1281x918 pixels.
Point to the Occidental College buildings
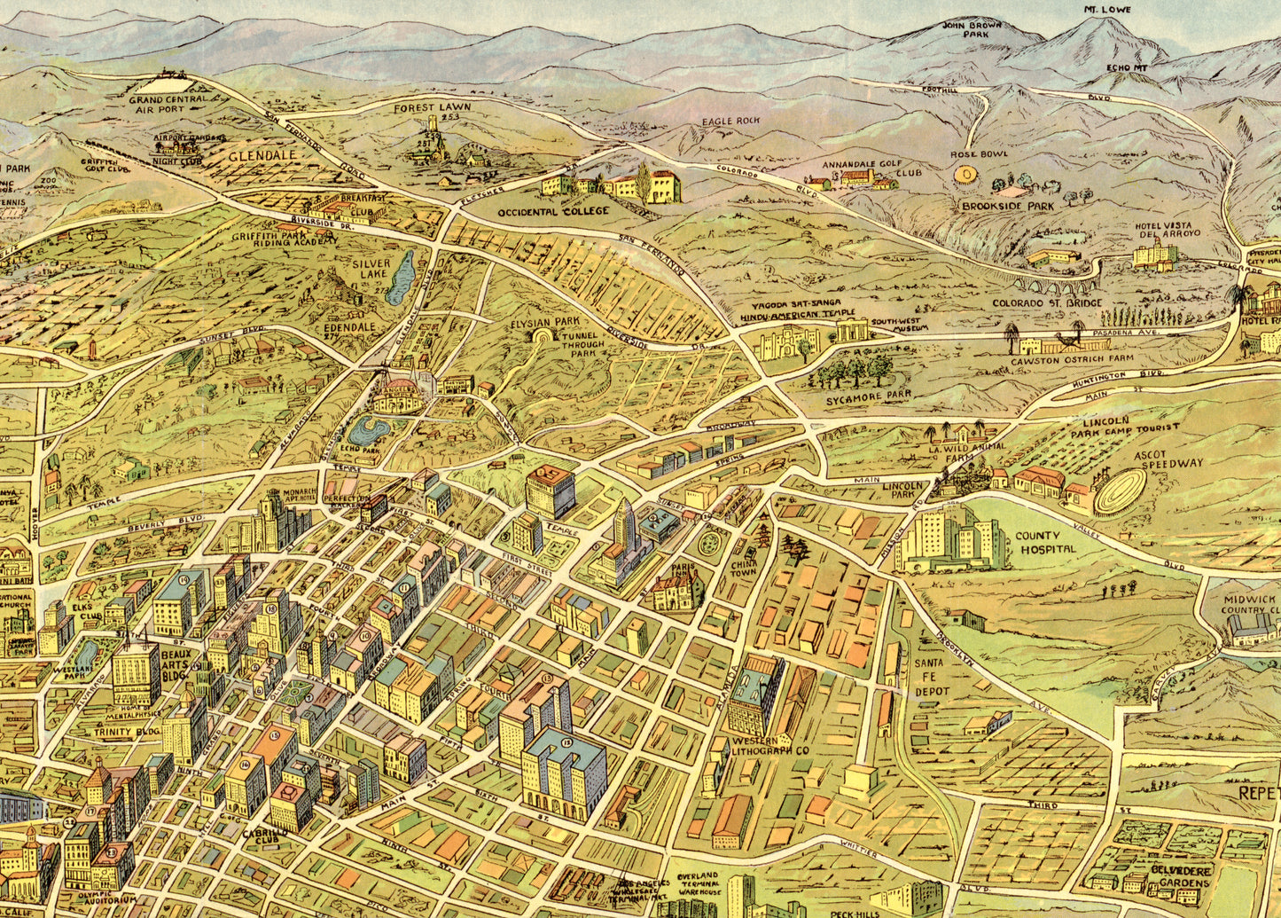click(612, 186)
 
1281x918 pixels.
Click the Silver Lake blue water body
click(402, 277)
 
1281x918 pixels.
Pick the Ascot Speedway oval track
click(1119, 490)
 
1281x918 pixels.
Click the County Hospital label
click(1045, 542)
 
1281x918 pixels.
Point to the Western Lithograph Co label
click(767, 746)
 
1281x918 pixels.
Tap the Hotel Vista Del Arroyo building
click(1154, 255)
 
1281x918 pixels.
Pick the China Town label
click(743, 567)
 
